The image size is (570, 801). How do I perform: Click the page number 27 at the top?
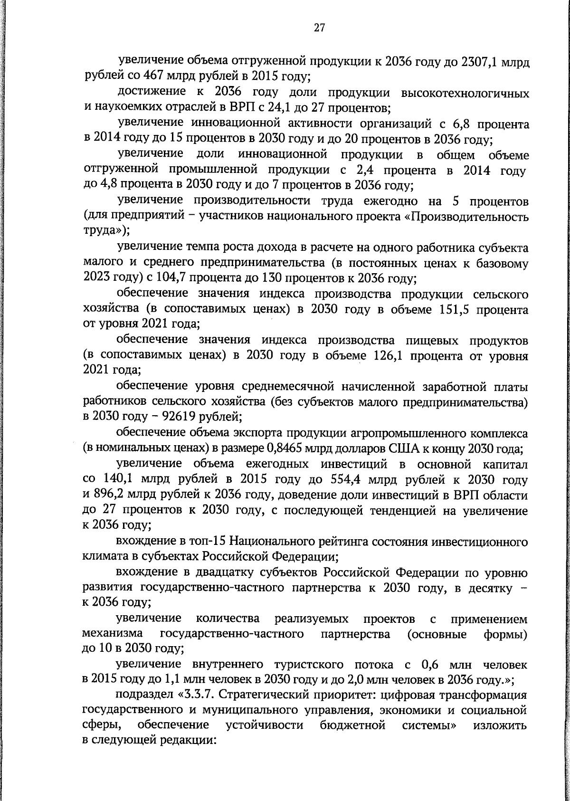tap(319, 28)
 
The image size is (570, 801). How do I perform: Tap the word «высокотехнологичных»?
tap(465, 93)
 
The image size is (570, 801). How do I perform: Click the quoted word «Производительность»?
tap(469, 217)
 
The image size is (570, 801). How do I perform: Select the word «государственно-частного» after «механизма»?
tap(232, 634)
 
